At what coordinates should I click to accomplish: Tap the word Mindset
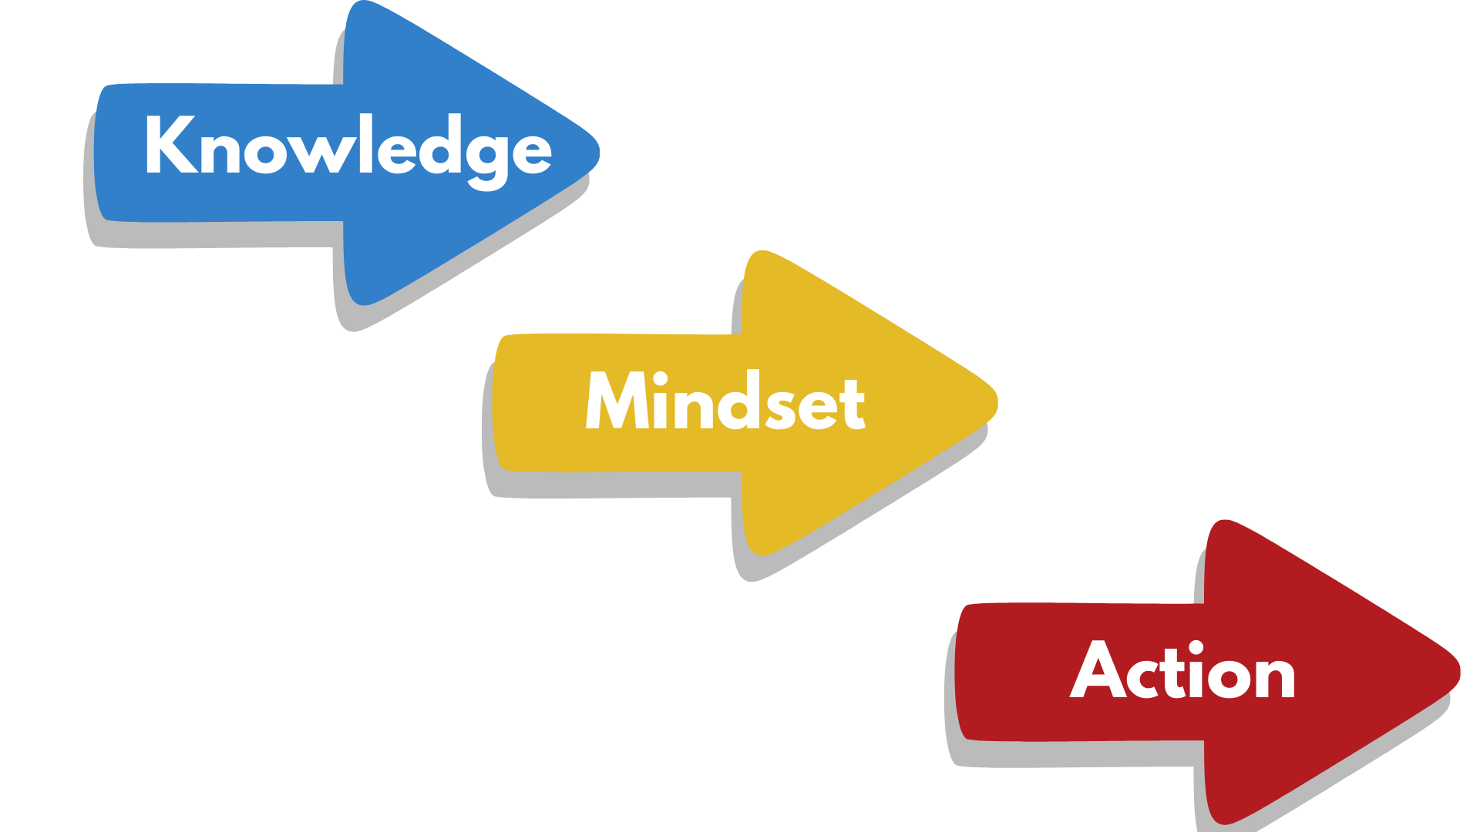725,401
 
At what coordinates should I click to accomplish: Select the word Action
1183,670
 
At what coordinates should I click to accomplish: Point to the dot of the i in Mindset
659,378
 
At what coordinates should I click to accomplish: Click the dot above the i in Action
1196,647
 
